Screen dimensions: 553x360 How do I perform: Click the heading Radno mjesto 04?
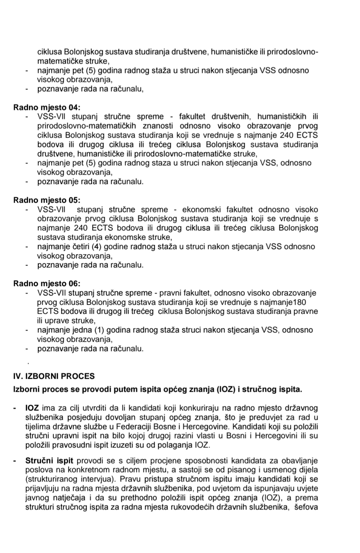pyautogui.click(x=47, y=107)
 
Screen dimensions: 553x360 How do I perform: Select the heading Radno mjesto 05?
pyautogui.click(x=47, y=200)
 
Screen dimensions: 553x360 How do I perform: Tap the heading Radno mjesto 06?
pyautogui.click(x=47, y=284)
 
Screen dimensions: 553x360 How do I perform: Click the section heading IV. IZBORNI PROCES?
pyautogui.click(x=54, y=376)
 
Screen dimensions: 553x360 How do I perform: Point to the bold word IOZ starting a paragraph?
pyautogui.click(x=32, y=408)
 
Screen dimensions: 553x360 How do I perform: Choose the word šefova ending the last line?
pyautogui.click(x=306, y=507)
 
